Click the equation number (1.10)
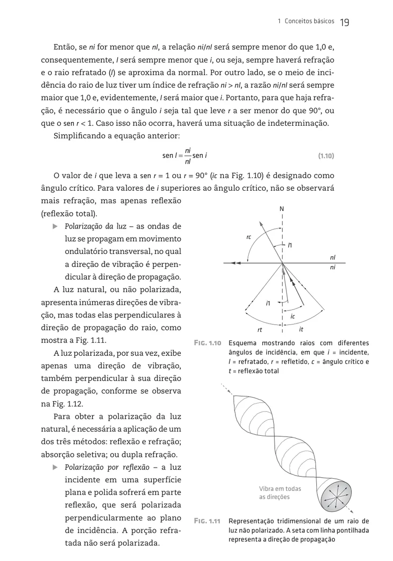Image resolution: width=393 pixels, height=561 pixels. (326, 156)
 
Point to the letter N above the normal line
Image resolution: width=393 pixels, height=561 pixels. (282, 209)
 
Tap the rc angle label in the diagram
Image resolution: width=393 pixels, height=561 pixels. (249, 237)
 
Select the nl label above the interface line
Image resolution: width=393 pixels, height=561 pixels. (332, 258)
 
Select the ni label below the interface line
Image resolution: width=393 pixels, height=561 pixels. (332, 268)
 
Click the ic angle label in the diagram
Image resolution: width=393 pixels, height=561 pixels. (293, 316)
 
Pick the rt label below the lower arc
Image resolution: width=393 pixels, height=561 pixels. (260, 329)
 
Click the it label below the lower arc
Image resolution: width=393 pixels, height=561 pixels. (301, 329)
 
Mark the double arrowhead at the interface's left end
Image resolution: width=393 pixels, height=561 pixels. (238, 263)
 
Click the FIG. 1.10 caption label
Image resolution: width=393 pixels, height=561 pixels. (207, 343)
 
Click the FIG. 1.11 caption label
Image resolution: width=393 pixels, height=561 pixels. (207, 521)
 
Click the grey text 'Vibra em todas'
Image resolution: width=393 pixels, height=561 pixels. (280, 489)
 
